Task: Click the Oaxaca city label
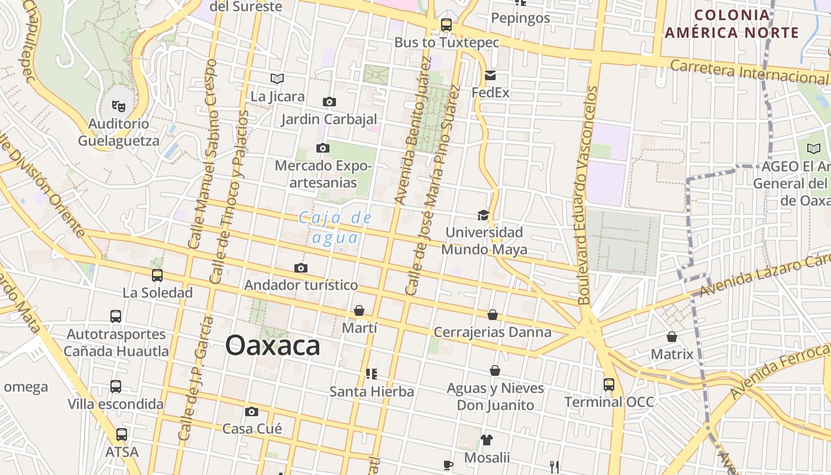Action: (x=272, y=346)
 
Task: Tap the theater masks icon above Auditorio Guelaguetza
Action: (x=119, y=106)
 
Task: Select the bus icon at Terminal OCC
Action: (x=609, y=384)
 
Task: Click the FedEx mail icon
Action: (x=490, y=75)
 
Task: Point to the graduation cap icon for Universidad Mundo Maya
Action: (x=483, y=215)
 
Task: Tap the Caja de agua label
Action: (x=335, y=227)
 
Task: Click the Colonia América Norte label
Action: (x=731, y=24)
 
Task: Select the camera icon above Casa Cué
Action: (x=252, y=411)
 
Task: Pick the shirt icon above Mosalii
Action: (x=487, y=440)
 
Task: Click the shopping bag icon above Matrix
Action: (x=672, y=337)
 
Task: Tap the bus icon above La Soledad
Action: (x=157, y=275)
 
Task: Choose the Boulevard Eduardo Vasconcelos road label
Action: (x=588, y=196)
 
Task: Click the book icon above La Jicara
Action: (x=277, y=78)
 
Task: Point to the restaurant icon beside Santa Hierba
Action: (x=372, y=374)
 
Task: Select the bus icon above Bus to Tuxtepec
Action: (x=446, y=25)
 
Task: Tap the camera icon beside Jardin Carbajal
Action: (x=329, y=102)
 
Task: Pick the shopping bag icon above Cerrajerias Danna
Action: (x=493, y=315)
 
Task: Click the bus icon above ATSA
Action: (x=122, y=435)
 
